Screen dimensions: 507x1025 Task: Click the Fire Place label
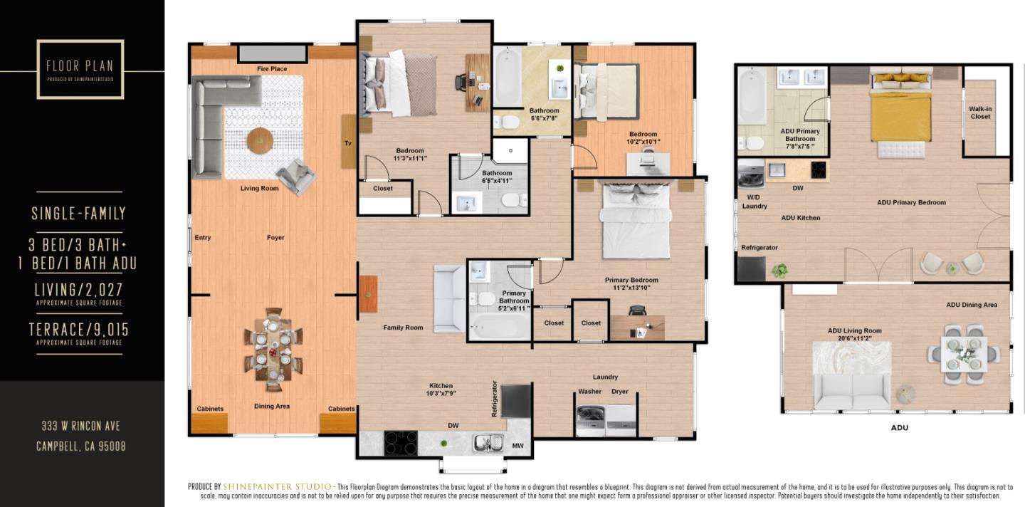tap(272, 69)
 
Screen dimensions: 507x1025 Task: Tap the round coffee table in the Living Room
tap(260, 140)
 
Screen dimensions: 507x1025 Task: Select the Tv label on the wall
tap(348, 142)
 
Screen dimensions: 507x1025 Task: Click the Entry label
tap(202, 238)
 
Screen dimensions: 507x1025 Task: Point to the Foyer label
tap(275, 238)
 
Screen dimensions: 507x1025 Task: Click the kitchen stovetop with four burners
tap(401, 443)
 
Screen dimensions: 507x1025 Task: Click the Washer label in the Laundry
tap(589, 392)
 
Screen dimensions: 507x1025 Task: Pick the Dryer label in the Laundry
tap(619, 392)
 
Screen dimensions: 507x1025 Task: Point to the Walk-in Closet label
tap(980, 113)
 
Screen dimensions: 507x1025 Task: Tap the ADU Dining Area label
tap(972, 305)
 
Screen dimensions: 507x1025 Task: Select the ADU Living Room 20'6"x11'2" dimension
tap(855, 340)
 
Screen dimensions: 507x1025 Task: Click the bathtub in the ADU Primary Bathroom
tap(752, 96)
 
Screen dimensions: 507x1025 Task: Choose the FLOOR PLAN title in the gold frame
tap(80, 66)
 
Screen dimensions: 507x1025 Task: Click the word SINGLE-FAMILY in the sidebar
tap(79, 213)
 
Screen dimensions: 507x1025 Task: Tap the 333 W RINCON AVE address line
tap(80, 427)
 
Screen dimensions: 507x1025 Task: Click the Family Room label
tap(403, 328)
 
